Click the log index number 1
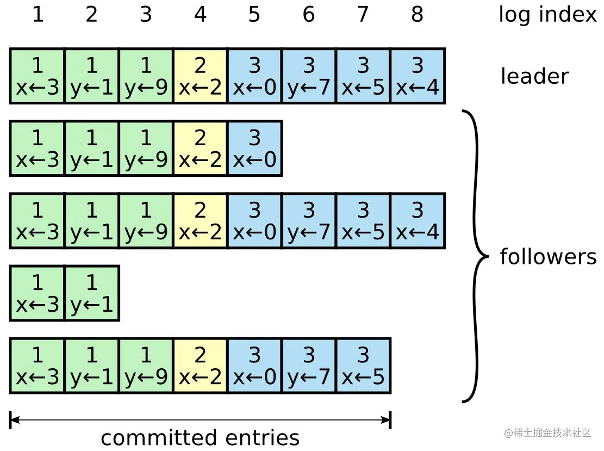click(x=37, y=15)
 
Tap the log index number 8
click(x=418, y=15)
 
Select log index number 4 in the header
click(x=200, y=15)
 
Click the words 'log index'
click(x=547, y=15)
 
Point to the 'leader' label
click(x=534, y=76)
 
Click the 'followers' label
click(x=548, y=256)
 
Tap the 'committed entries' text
click(x=200, y=437)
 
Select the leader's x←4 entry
click(x=418, y=76)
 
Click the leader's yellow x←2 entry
click(x=200, y=76)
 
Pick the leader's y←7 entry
click(x=309, y=76)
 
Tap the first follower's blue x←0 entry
click(x=254, y=149)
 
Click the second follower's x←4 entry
click(x=418, y=221)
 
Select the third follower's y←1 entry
click(x=91, y=293)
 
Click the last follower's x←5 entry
click(x=363, y=366)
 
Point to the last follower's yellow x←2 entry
click(x=200, y=366)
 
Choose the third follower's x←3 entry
click(x=37, y=293)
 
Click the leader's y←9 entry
click(x=146, y=76)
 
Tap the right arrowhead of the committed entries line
click(x=387, y=419)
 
